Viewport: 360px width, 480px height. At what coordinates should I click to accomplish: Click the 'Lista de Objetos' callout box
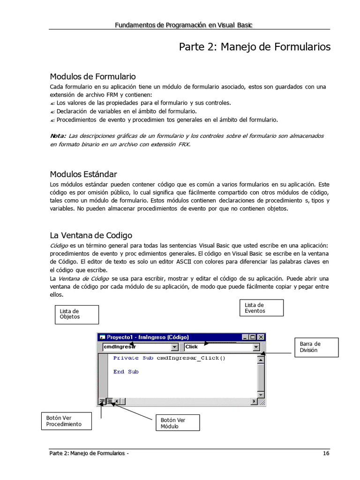click(x=76, y=314)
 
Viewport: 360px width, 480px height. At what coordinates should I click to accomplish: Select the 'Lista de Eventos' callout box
click(x=262, y=308)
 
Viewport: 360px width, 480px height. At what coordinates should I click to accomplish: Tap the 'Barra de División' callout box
click(x=316, y=347)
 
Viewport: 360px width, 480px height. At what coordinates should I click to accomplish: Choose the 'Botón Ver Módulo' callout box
click(x=177, y=423)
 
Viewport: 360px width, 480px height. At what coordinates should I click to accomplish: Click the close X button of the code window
click(x=261, y=337)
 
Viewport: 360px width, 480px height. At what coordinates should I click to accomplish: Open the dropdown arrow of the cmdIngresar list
click(x=175, y=347)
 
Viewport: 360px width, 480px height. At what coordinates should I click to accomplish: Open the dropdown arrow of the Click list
click(x=256, y=347)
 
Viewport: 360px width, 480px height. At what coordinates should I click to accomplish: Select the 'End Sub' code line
click(x=126, y=372)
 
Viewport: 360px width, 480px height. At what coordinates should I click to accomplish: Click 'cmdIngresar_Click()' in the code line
click(x=191, y=358)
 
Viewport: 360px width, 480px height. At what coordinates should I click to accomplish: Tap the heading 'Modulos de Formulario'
click(x=93, y=76)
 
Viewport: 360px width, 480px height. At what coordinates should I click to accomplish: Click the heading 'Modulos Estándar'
click(x=83, y=174)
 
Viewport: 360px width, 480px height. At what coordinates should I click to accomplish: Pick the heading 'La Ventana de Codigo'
click(x=91, y=235)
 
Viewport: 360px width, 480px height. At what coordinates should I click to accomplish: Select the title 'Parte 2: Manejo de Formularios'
click(x=255, y=47)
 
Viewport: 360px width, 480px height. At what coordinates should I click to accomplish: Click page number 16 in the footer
click(x=326, y=453)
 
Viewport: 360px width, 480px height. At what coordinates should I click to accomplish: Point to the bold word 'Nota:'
click(x=58, y=136)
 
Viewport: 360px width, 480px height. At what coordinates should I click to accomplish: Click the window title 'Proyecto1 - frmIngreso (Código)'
click(x=148, y=337)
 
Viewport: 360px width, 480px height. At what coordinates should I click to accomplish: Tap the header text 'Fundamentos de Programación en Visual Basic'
click(x=184, y=25)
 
